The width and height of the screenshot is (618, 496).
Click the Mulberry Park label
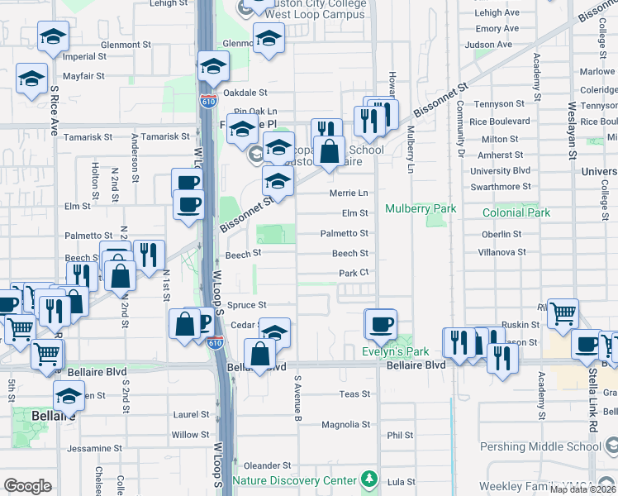[421, 209]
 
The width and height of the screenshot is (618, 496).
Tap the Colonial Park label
[516, 212]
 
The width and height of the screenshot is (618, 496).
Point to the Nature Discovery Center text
[294, 480]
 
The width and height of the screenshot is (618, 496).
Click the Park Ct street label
[352, 273]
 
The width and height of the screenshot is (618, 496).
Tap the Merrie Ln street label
[348, 193]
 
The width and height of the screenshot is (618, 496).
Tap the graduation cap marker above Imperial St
[53, 36]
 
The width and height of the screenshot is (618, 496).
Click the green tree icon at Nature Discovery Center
[369, 480]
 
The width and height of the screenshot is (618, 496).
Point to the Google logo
[27, 486]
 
